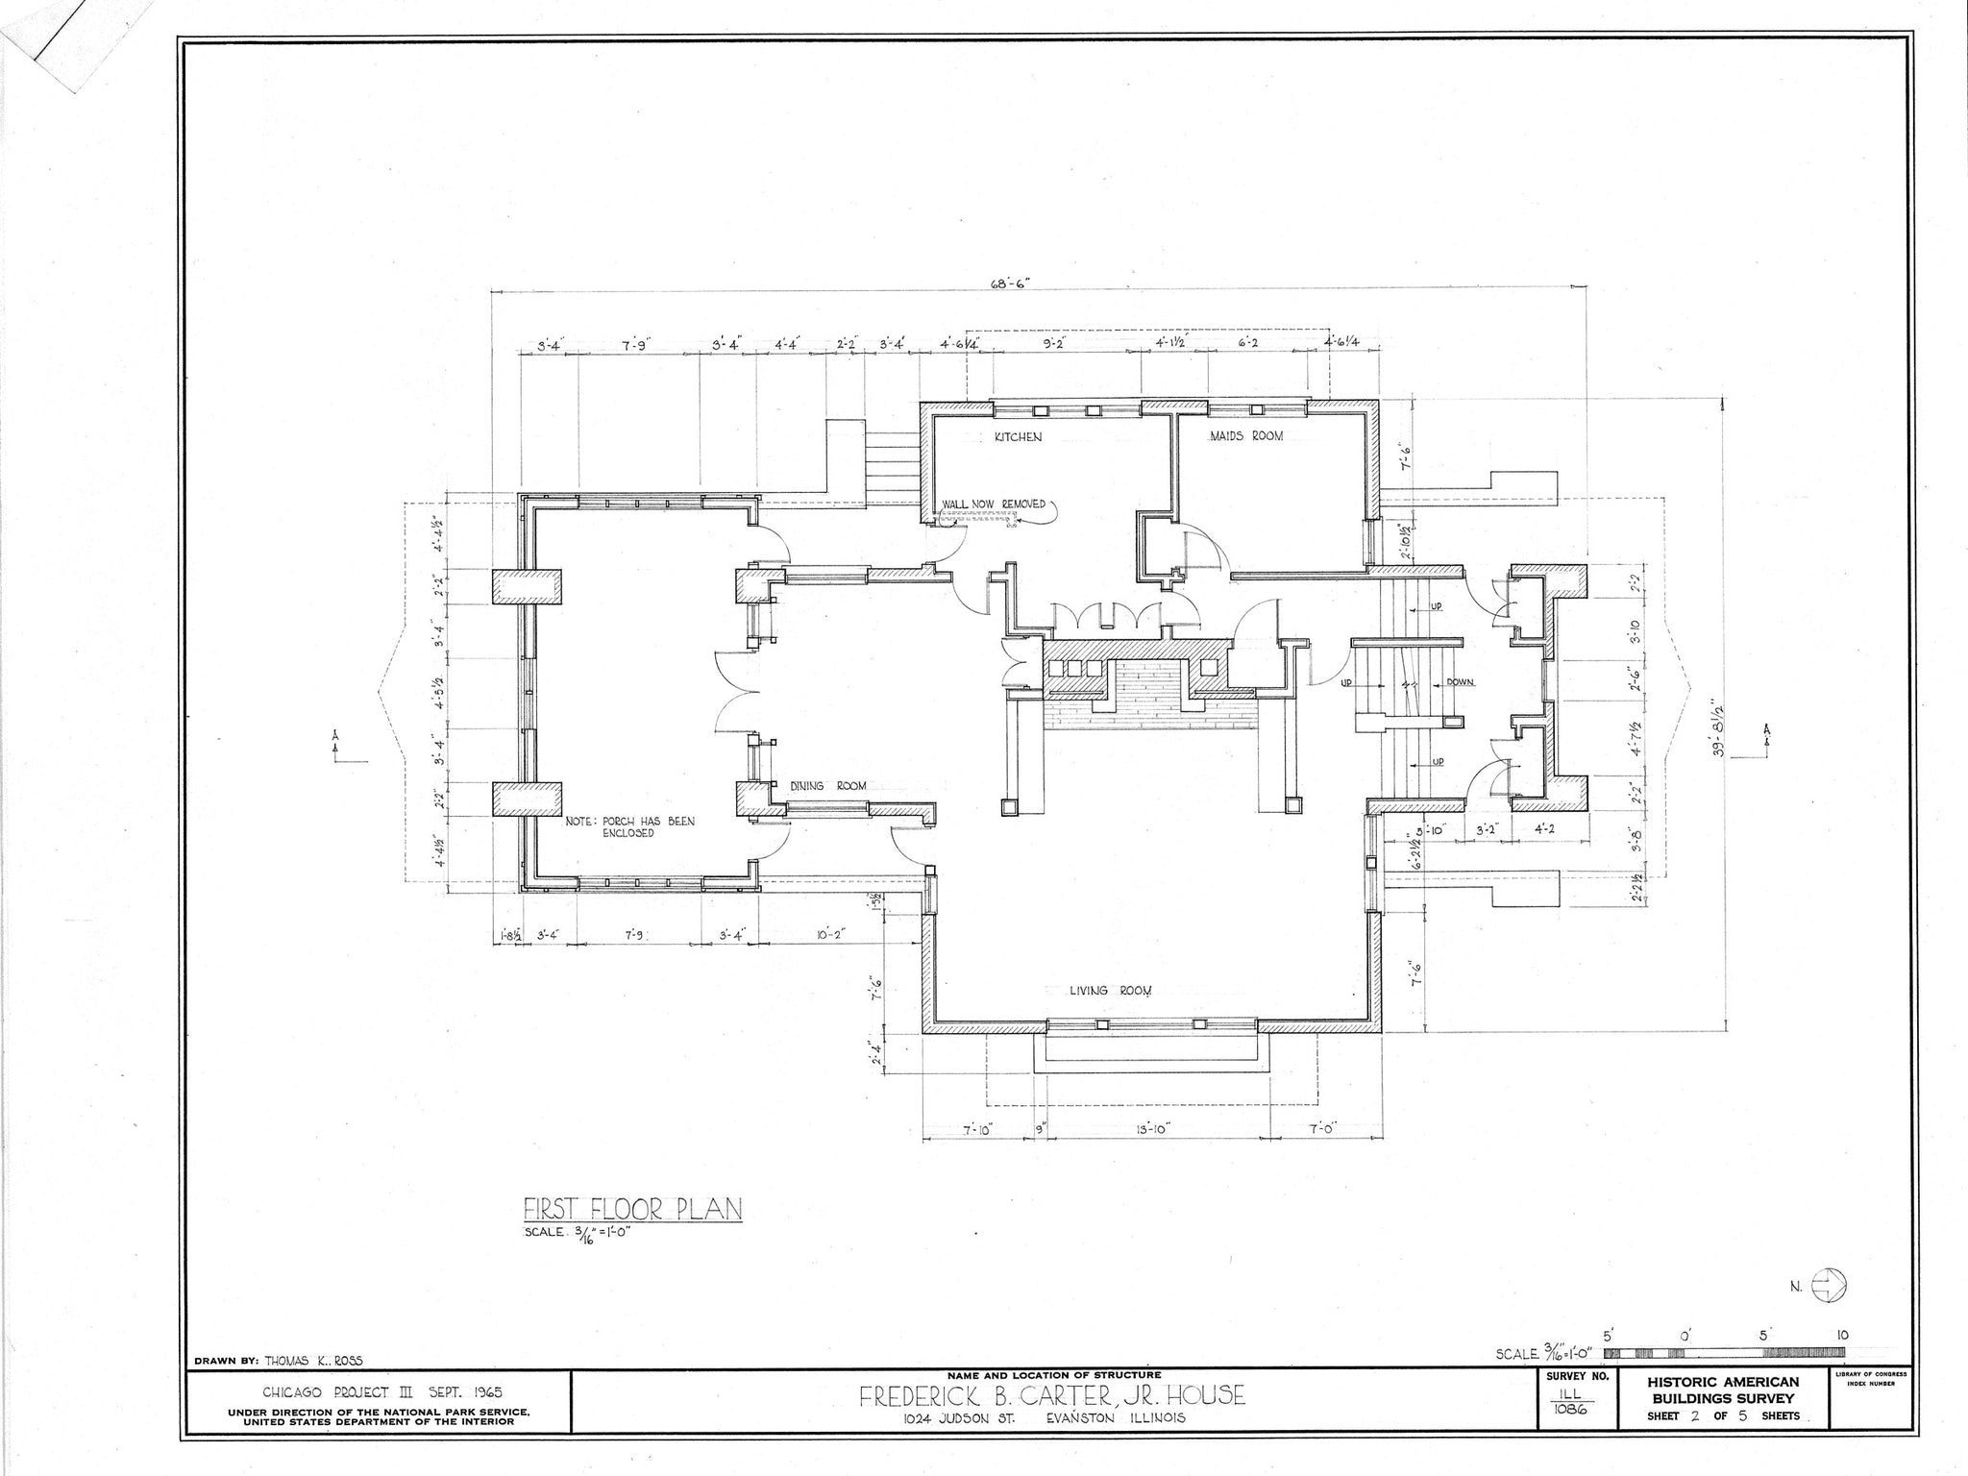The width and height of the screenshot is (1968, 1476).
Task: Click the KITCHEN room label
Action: pyautogui.click(x=1018, y=437)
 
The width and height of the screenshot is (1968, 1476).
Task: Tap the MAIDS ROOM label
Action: pyautogui.click(x=1245, y=436)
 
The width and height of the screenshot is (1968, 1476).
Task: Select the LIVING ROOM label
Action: pyautogui.click(x=1111, y=991)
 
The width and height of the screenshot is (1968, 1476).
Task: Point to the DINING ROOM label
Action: pyautogui.click(x=827, y=786)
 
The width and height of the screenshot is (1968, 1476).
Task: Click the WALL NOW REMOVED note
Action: pyautogui.click(x=993, y=504)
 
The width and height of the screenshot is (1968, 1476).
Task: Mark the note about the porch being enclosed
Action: pyautogui.click(x=629, y=827)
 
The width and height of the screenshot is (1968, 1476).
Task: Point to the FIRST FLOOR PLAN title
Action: pyautogui.click(x=632, y=1209)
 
